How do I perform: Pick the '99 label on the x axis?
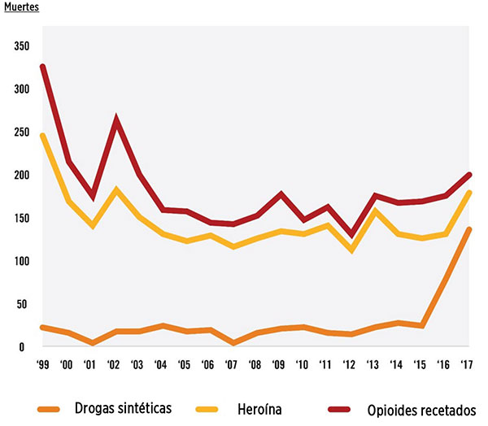coord(42,364)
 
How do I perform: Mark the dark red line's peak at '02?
coord(118,120)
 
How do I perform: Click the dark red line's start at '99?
coord(42,67)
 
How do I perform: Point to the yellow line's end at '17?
coord(470,193)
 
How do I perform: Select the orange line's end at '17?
coord(470,230)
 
